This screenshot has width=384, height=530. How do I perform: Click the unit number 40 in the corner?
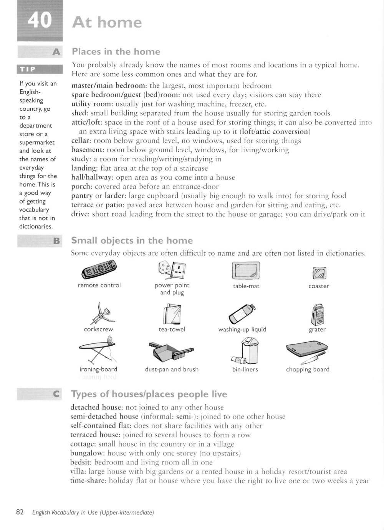click(x=40, y=20)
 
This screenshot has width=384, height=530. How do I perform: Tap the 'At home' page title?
click(x=107, y=23)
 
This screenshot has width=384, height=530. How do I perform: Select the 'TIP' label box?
click(x=28, y=69)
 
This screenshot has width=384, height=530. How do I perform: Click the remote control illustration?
click(x=99, y=270)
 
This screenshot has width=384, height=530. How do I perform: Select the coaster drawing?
click(x=319, y=273)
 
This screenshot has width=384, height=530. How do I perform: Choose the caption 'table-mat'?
click(x=246, y=286)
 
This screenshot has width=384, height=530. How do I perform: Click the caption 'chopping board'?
click(x=308, y=369)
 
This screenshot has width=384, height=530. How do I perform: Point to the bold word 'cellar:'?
click(x=81, y=141)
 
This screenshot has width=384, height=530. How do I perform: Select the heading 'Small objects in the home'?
click(x=132, y=241)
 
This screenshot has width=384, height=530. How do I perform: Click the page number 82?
click(x=20, y=512)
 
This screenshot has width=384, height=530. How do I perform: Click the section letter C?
click(x=56, y=394)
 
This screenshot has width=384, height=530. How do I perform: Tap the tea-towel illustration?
click(x=172, y=313)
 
